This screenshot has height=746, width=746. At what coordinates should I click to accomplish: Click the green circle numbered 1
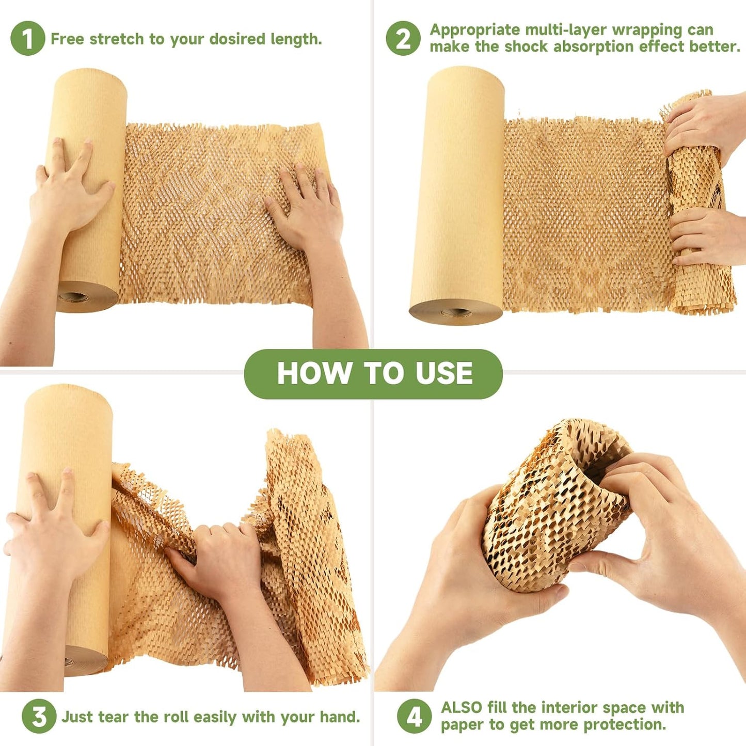(x=27, y=39)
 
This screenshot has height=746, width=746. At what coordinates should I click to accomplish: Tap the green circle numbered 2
(x=403, y=38)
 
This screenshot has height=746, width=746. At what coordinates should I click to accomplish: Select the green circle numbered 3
(x=39, y=716)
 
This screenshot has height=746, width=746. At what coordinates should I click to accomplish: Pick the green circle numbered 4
(x=414, y=716)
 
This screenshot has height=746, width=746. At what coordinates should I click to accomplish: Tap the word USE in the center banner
(x=444, y=373)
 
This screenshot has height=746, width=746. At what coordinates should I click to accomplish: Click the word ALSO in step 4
(x=462, y=707)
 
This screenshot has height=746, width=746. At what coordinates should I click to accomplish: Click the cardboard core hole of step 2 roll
(x=455, y=312)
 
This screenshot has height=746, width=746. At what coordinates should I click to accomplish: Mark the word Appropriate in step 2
(x=474, y=30)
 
